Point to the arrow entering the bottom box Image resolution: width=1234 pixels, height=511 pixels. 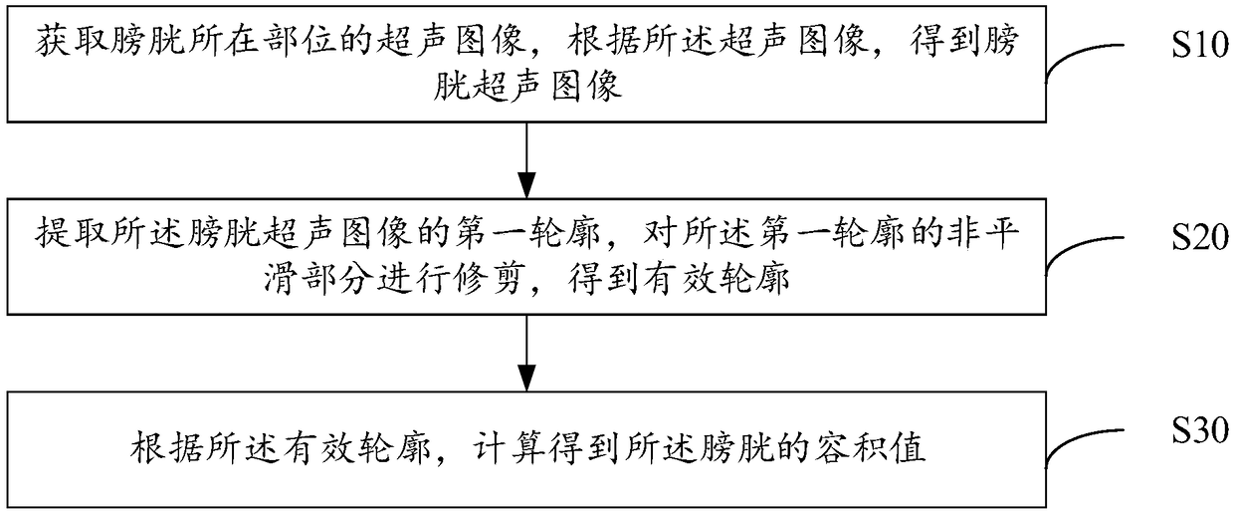[x=524, y=353]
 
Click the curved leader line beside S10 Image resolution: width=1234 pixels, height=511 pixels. [x=1090, y=61]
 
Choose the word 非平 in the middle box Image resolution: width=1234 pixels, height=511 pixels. [x=986, y=238]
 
